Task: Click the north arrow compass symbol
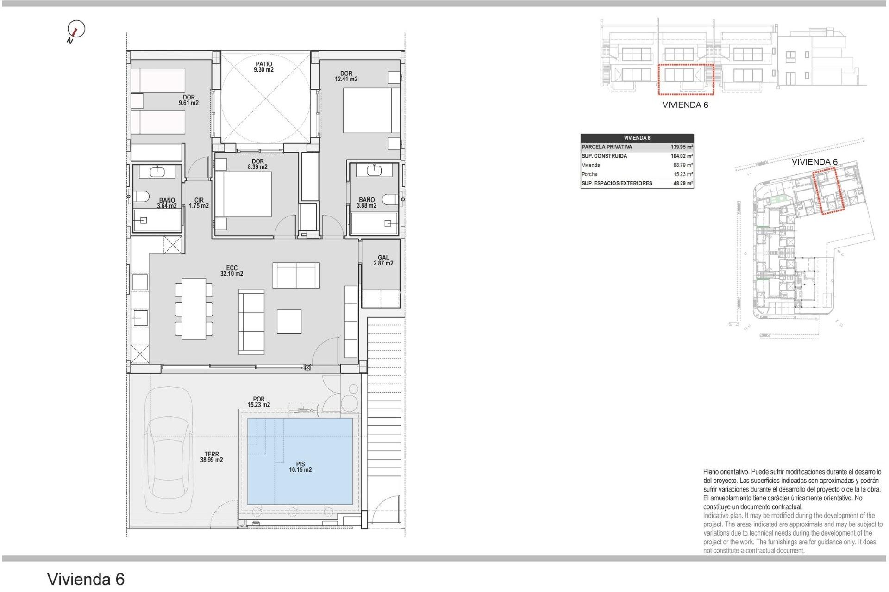point(76,30)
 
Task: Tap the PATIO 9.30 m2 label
point(263,67)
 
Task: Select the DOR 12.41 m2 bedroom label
point(346,76)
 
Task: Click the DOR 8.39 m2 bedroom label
point(257,164)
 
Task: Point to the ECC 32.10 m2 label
point(232,271)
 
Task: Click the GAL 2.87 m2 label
point(383,260)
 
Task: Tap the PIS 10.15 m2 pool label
point(300,467)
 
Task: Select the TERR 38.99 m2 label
point(212,457)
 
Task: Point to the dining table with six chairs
point(194,309)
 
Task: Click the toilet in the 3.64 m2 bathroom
point(141,197)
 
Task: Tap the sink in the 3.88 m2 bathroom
point(374,171)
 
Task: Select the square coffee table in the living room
point(289,321)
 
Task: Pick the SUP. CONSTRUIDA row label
point(604,156)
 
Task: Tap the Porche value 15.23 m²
point(682,174)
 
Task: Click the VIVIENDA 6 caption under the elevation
point(685,105)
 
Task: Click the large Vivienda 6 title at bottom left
point(86,579)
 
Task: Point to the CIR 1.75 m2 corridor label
point(199,203)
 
